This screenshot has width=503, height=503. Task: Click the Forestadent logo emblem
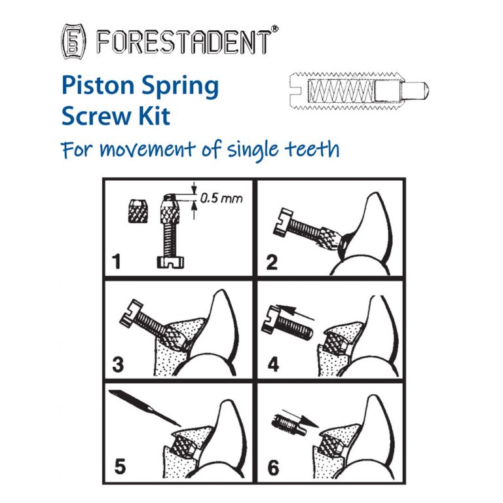(73, 40)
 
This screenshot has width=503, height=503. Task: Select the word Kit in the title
(155, 117)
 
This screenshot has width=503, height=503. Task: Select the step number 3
(117, 363)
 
